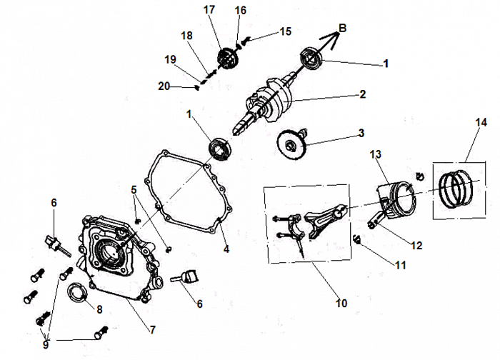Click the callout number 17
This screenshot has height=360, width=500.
[209, 10]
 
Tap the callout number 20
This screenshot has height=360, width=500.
[164, 86]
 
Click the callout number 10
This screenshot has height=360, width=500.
[341, 303]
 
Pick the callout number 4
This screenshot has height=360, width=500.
[226, 249]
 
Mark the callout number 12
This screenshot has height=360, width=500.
[417, 245]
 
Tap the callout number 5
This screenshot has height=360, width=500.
[133, 190]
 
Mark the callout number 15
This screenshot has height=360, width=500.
[285, 31]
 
